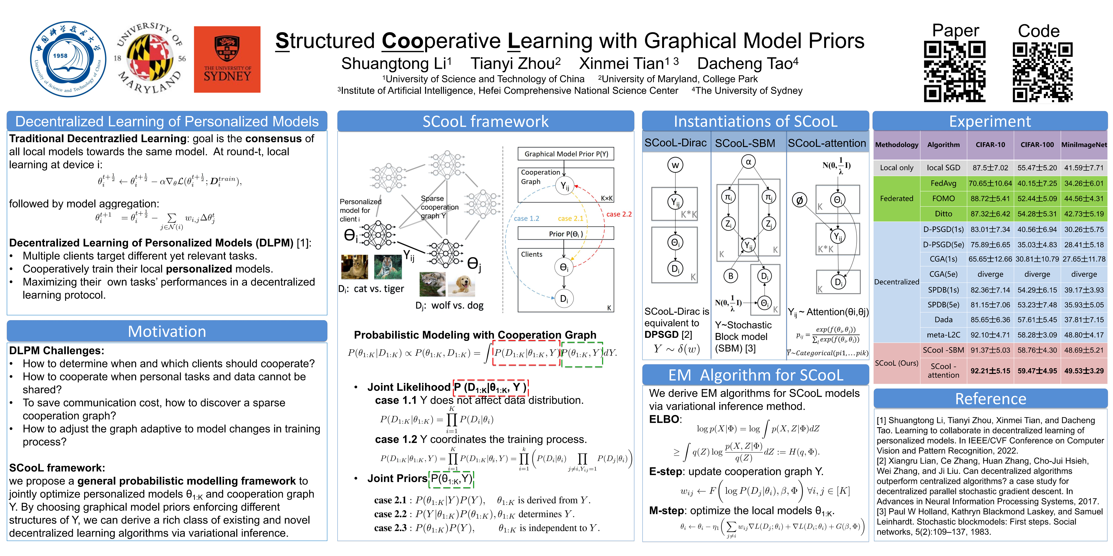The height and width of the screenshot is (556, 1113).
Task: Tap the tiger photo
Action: [388, 267]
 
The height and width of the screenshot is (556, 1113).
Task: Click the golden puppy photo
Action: [462, 284]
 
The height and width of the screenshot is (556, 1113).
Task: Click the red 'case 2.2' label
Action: [619, 214]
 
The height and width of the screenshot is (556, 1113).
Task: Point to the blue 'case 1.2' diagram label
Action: [526, 218]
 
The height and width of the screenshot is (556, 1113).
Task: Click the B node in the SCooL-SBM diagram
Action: [731, 276]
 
